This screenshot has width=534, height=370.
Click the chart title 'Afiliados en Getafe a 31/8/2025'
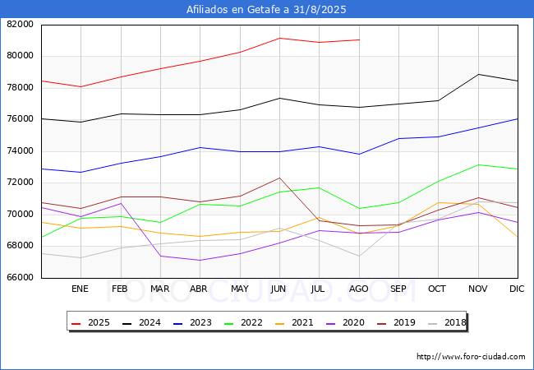(267, 10)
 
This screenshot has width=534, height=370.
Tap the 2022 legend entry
(244, 322)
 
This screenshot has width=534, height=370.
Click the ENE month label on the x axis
(81, 289)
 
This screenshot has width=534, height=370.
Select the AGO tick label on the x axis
(358, 289)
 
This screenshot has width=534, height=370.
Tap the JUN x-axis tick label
(279, 289)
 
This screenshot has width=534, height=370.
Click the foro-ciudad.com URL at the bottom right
(471, 357)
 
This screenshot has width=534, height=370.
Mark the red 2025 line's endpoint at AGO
(359, 39)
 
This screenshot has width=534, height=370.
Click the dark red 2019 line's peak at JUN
(279, 178)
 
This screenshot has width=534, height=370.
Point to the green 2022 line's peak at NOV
(478, 164)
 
